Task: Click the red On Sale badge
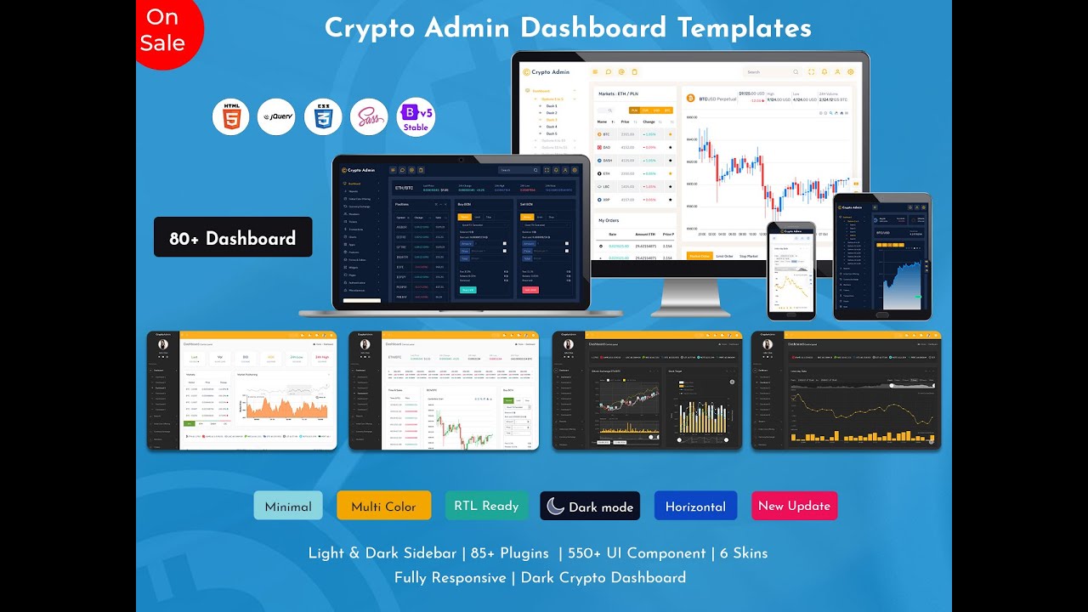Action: tap(166, 31)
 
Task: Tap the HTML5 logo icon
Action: tap(230, 117)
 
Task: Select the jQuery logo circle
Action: tap(276, 117)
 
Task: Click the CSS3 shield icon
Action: tap(323, 117)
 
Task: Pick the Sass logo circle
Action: tap(369, 117)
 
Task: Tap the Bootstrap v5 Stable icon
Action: tap(416, 117)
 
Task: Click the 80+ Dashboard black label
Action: tap(233, 238)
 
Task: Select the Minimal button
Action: tap(288, 506)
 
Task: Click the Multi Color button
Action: tap(383, 506)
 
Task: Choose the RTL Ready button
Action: tap(486, 506)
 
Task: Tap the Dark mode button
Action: tap(590, 506)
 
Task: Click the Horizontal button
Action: tap(695, 506)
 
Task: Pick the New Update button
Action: tap(794, 506)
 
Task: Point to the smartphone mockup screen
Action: tap(791, 271)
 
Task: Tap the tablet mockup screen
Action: tap(882, 257)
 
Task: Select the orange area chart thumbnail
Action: tap(242, 390)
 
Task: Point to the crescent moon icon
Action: tap(555, 506)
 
